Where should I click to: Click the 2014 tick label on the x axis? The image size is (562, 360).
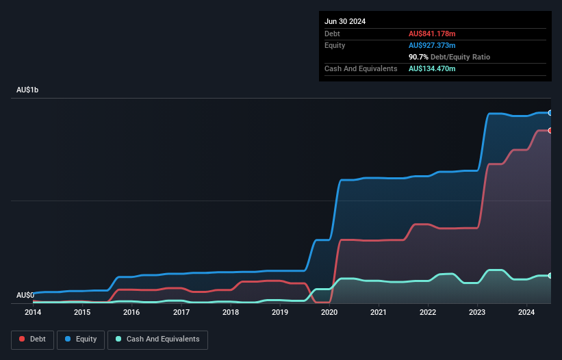click(x=33, y=312)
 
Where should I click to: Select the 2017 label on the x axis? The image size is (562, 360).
click(x=181, y=312)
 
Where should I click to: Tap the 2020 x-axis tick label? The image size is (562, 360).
click(x=329, y=312)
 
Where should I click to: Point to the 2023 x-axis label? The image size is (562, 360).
click(x=477, y=312)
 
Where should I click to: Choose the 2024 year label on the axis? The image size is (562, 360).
click(x=526, y=312)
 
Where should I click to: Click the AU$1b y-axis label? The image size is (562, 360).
click(x=28, y=90)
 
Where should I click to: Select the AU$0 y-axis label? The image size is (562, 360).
click(x=25, y=295)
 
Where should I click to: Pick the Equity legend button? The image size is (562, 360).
click(x=81, y=339)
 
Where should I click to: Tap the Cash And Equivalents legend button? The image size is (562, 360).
click(x=157, y=339)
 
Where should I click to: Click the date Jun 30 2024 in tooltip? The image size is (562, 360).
click(x=345, y=21)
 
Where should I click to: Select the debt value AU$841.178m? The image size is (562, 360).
click(x=432, y=34)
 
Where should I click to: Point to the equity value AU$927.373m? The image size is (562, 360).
click(x=432, y=45)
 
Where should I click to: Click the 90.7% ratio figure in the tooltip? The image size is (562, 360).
click(x=419, y=57)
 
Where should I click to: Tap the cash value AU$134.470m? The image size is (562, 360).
click(x=432, y=68)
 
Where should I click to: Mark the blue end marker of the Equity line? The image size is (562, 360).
click(x=550, y=113)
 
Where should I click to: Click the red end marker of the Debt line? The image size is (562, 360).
click(x=550, y=130)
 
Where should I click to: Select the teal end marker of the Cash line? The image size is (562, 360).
click(x=550, y=276)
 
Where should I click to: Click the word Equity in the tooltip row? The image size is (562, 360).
click(x=335, y=45)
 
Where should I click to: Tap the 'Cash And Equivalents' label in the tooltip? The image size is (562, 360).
click(x=361, y=68)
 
